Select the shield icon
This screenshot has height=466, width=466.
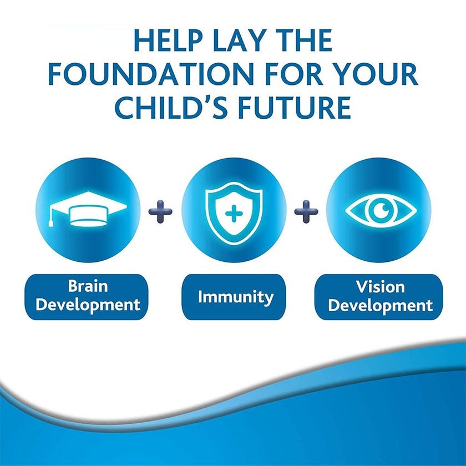234,213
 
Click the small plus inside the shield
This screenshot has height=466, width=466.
234,213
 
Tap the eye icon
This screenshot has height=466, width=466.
381,210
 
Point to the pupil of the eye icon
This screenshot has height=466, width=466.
381,210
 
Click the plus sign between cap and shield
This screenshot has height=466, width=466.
160,211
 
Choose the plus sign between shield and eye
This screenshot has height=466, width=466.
306,211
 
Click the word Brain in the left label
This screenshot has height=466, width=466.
88,286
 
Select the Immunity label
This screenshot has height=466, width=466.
236,297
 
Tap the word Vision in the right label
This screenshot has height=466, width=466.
381,287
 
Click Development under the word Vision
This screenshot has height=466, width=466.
381,306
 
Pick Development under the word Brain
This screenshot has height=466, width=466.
88,305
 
